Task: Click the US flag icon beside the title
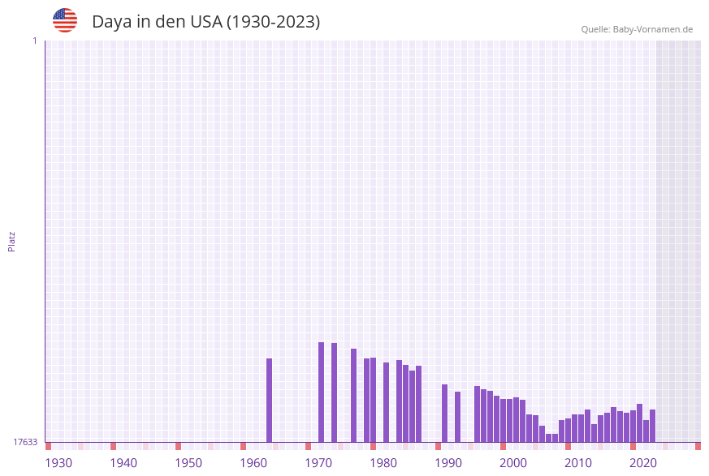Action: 65,20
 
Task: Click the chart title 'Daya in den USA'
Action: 205,22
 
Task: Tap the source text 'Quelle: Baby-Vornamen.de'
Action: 637,29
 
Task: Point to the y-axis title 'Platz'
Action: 12,241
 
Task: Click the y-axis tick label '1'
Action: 34,41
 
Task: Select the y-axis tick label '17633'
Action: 25,442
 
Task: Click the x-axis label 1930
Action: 58,463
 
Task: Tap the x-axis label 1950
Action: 188,463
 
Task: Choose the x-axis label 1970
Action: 318,463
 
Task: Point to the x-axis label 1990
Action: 448,463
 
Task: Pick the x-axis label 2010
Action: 578,463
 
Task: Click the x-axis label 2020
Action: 643,463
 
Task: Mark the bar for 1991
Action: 445,413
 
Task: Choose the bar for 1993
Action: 458,417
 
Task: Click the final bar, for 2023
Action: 653,426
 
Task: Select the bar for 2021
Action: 640,422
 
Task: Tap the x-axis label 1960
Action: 253,463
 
